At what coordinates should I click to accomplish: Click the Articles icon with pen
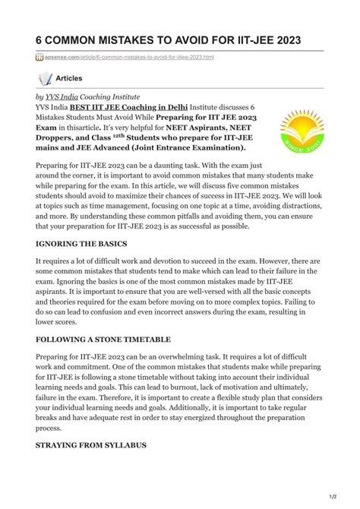click(x=45, y=78)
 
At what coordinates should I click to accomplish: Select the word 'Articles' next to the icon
click(x=70, y=78)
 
